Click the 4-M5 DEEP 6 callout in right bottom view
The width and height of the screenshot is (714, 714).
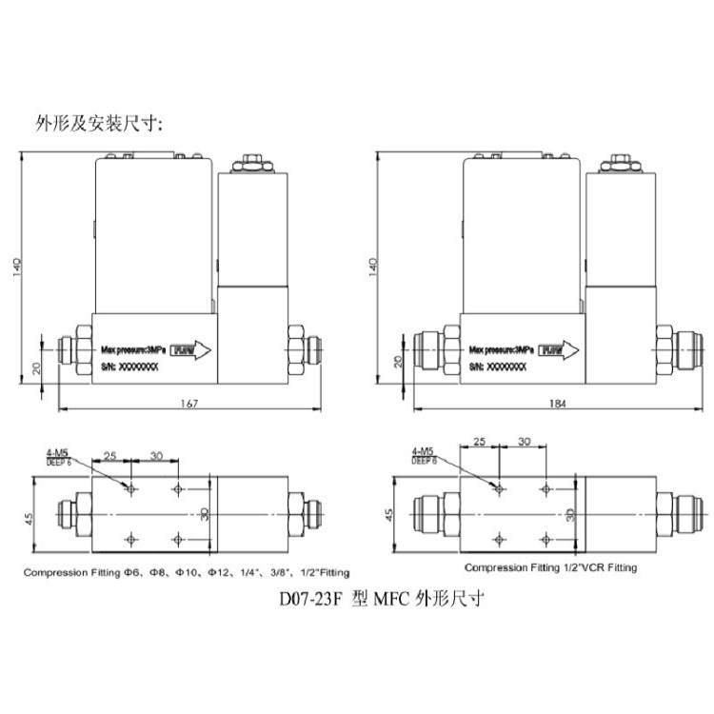(425, 456)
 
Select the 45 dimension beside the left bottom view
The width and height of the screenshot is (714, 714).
(30, 518)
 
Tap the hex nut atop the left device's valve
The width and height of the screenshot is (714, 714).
(253, 163)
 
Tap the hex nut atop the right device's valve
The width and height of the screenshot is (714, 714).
(621, 163)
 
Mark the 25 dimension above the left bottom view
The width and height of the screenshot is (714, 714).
(112, 455)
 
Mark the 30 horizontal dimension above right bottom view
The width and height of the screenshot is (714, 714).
(524, 442)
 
